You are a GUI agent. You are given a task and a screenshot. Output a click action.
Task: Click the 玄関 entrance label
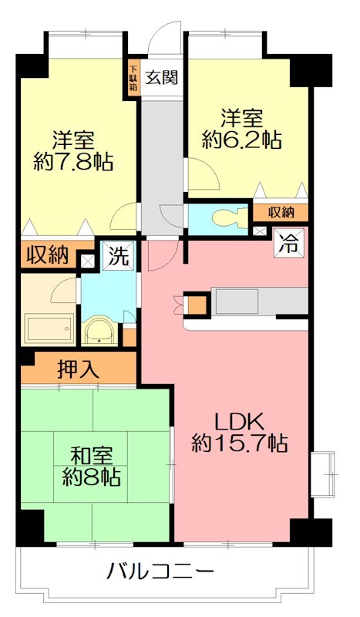click(x=160, y=76)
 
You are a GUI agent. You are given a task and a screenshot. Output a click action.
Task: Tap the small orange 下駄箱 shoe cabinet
click(x=133, y=77)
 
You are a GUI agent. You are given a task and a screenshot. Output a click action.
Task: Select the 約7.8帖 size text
click(x=73, y=162)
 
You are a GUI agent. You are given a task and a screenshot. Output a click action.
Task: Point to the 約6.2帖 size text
click(x=241, y=140)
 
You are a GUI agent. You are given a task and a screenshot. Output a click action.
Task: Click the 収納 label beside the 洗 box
click(x=48, y=255)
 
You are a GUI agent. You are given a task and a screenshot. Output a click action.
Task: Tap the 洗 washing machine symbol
click(x=116, y=255)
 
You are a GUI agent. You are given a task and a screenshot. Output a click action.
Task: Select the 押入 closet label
click(x=79, y=369)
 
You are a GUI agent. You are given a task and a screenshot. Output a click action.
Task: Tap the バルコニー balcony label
click(x=160, y=572)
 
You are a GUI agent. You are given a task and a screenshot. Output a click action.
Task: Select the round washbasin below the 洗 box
click(x=100, y=332)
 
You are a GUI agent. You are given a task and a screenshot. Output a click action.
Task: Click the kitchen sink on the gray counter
click(x=235, y=302)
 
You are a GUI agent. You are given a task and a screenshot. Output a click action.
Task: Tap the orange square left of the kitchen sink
click(x=198, y=304)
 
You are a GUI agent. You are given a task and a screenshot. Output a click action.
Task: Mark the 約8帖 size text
click(x=91, y=477)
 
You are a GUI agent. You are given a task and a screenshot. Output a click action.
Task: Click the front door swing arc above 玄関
click(x=163, y=35)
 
